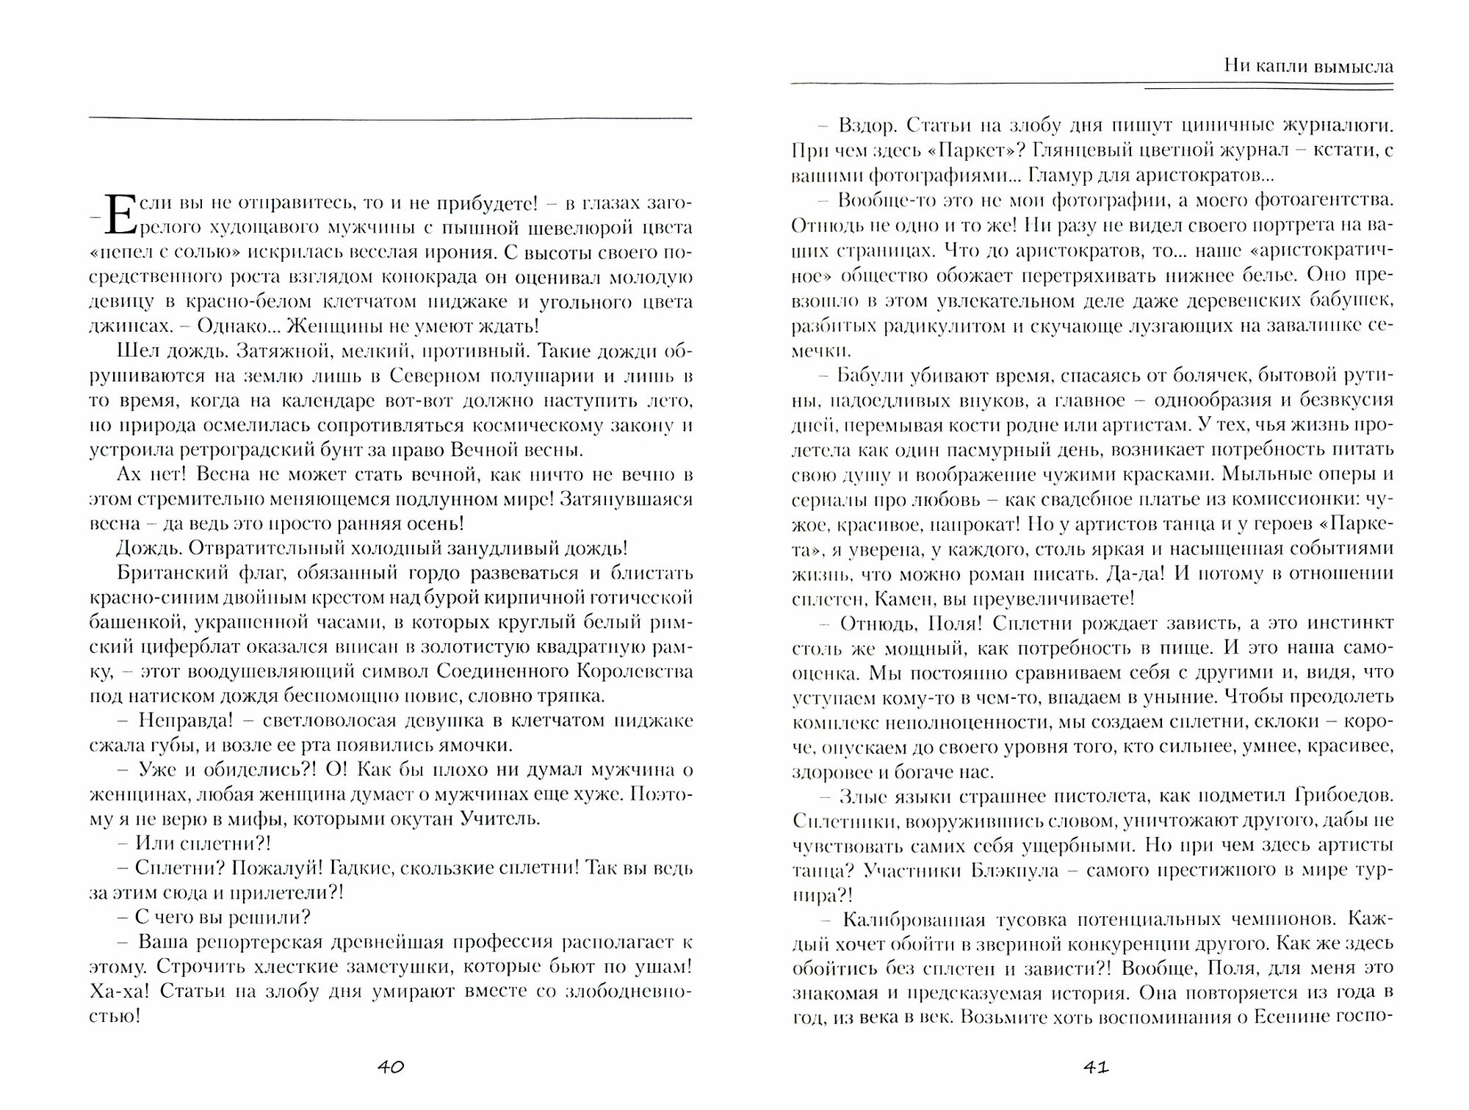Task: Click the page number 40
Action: tap(390, 1067)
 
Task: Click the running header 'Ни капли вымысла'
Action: tap(1308, 66)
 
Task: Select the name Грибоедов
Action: tap(1335, 795)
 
